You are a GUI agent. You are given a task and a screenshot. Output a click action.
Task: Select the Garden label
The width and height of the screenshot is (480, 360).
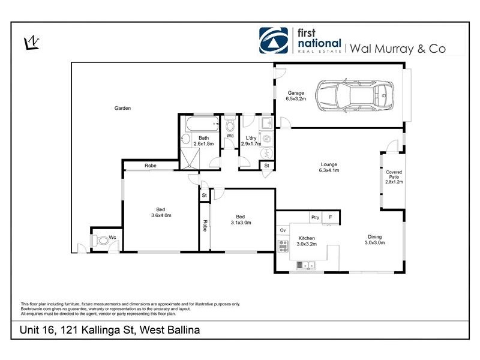point(123,108)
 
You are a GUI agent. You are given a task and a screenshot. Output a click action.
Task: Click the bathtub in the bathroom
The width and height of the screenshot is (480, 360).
point(201,127)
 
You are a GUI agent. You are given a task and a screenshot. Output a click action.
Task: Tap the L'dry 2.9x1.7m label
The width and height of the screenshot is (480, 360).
point(250,141)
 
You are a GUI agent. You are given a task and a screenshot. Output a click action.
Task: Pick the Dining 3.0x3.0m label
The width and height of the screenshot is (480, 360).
point(375,240)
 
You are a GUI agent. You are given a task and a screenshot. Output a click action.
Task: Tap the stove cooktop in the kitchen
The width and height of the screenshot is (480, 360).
point(283,245)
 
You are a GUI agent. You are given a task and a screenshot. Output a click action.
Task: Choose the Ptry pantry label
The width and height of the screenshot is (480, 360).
point(314,217)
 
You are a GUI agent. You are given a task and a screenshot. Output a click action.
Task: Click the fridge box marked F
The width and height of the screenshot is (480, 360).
point(331,217)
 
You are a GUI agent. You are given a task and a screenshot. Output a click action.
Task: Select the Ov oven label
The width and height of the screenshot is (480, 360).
point(283,230)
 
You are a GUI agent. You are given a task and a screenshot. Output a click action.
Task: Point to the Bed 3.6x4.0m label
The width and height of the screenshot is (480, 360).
point(160,213)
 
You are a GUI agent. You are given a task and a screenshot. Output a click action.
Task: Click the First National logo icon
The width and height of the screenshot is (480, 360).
point(274,41)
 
